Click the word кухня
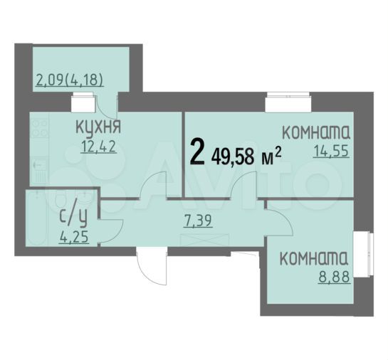pyautogui.click(x=98, y=128)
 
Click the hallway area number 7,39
pyautogui.click(x=199, y=220)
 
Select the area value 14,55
pyautogui.click(x=331, y=151)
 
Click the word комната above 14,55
pyautogui.click(x=316, y=132)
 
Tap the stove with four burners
pyautogui.click(x=40, y=132)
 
